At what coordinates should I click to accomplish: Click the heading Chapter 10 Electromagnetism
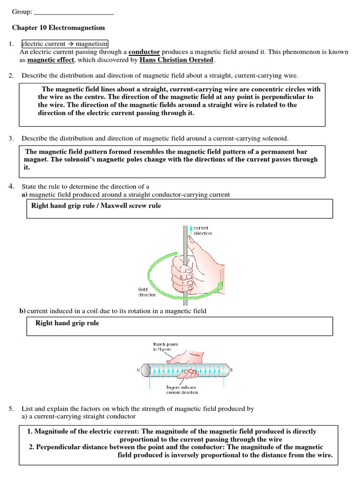click(58, 28)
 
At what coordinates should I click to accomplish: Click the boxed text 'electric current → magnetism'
click(65, 44)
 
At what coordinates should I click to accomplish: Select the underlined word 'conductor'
click(144, 52)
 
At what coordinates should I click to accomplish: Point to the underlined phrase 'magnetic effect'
click(51, 60)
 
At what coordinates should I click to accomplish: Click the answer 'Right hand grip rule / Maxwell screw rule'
click(96, 206)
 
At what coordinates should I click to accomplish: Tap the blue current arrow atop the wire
click(191, 229)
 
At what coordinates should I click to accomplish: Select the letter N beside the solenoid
click(138, 370)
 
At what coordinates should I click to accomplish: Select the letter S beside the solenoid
click(231, 370)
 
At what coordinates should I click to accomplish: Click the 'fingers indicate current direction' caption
click(182, 390)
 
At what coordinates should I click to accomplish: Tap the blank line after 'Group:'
click(75, 13)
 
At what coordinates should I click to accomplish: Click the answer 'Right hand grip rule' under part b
click(67, 323)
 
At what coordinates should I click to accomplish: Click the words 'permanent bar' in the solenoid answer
click(286, 151)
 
